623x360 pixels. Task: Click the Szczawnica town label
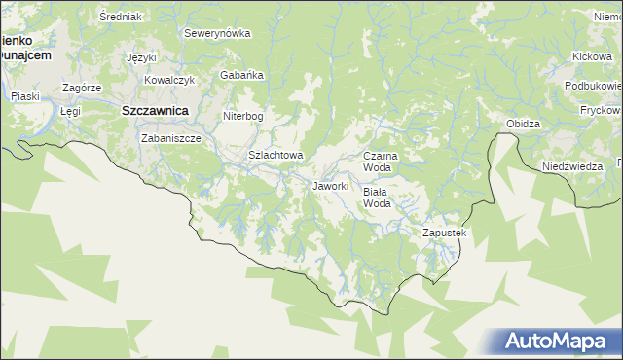pyautogui.click(x=154, y=111)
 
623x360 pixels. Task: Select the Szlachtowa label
pyautogui.click(x=276, y=155)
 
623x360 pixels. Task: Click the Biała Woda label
pyautogui.click(x=377, y=198)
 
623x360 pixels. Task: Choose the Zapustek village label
pyautogui.click(x=445, y=234)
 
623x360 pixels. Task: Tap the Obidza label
pyautogui.click(x=523, y=124)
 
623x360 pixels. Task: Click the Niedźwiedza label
pyautogui.click(x=572, y=166)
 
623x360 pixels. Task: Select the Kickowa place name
pyautogui.click(x=592, y=57)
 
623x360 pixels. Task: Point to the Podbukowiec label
pyautogui.click(x=592, y=86)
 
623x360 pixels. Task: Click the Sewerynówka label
pyautogui.click(x=217, y=33)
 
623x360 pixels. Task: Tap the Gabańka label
pyautogui.click(x=240, y=75)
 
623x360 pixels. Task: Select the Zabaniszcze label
pyautogui.click(x=170, y=138)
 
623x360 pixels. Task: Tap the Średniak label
pyautogui.click(x=121, y=17)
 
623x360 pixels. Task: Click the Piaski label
pyautogui.click(x=23, y=96)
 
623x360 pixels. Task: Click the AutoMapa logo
pyautogui.click(x=558, y=342)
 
